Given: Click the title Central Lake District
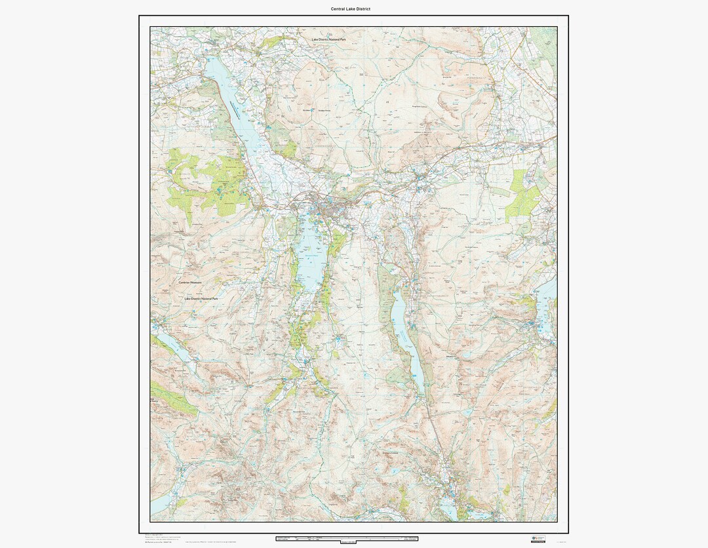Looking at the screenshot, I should pyautogui.click(x=354, y=9).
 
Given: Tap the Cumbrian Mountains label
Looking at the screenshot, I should pyautogui.click(x=190, y=283).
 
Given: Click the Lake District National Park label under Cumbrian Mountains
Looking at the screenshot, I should pyautogui.click(x=201, y=298).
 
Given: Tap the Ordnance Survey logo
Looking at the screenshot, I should pyautogui.click(x=538, y=539).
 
